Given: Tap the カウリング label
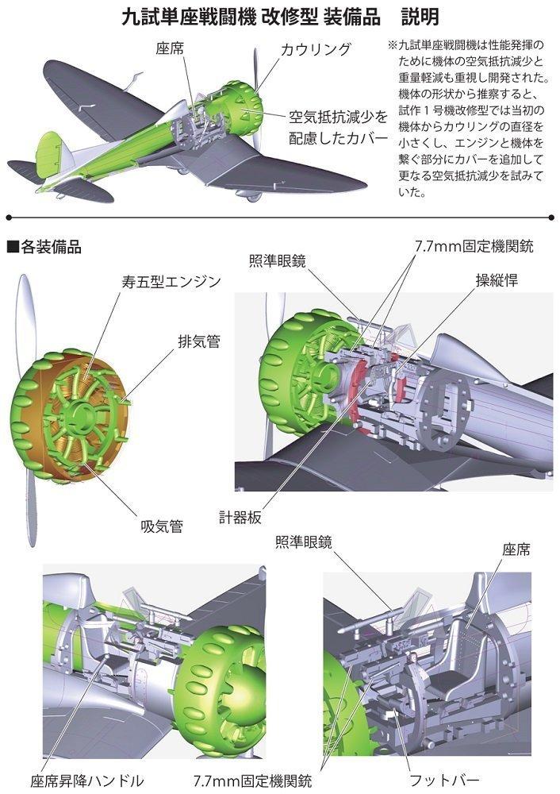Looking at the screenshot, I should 316,49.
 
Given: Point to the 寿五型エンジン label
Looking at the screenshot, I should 171,282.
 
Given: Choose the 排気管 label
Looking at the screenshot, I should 198,341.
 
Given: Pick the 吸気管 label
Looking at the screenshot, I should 162,526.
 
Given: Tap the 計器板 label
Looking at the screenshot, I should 240,515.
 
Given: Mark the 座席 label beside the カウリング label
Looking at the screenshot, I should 172,49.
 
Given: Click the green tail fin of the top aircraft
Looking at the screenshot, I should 48,151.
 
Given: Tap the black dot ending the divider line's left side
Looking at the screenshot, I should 8,217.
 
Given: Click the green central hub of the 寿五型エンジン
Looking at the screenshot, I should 82,410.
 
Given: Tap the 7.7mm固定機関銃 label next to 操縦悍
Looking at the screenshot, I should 474,246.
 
